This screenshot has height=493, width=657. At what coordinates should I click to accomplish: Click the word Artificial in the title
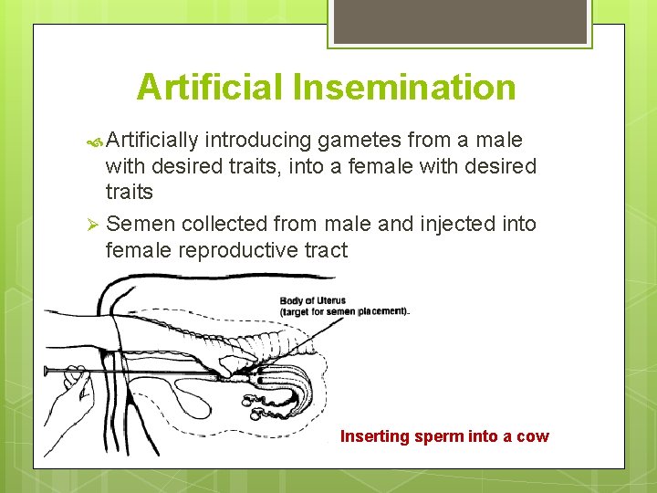coord(210,88)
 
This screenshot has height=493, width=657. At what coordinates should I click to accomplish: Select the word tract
coord(326,250)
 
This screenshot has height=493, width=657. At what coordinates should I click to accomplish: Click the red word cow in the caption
coord(533,436)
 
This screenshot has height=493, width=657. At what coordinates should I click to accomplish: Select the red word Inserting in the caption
coord(375,436)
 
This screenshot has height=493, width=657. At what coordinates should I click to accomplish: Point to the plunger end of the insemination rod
coord(46,371)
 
